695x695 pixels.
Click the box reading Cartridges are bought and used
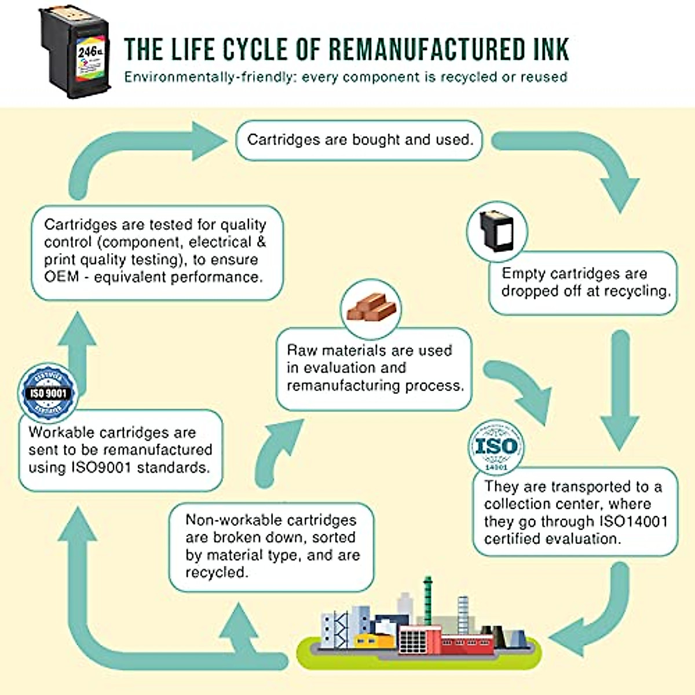coord(360,140)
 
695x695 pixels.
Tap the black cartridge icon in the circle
coord(496,232)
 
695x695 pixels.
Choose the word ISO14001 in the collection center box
coord(632,522)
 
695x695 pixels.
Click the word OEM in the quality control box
coord(61,277)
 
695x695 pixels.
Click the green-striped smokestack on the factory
coord(427,597)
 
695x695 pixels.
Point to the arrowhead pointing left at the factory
coord(565,637)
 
